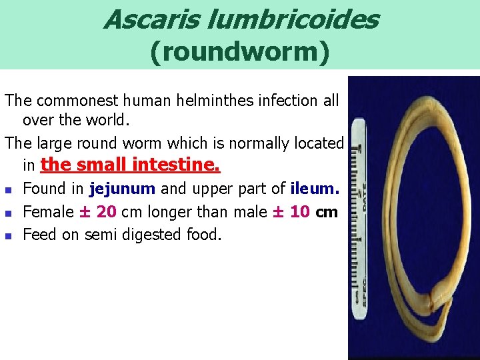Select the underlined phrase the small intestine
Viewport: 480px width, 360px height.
pos(130,164)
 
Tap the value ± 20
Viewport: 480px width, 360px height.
pos(97,212)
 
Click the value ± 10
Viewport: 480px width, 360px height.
pos(293,212)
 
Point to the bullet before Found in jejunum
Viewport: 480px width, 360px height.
pos(9,189)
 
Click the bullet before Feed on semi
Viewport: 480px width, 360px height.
pos(9,235)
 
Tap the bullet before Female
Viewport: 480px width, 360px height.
pos(9,213)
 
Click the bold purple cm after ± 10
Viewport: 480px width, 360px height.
pos(327,212)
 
